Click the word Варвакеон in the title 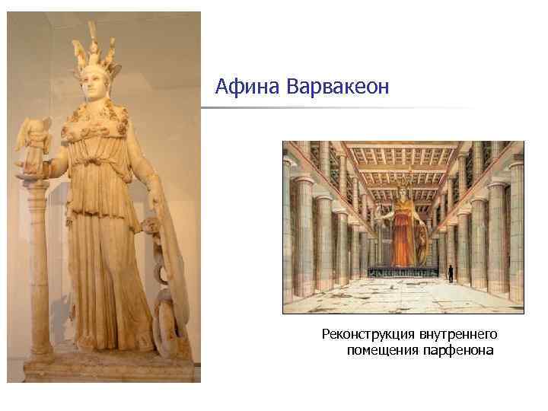pos(338,88)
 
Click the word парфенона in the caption pos(460,350)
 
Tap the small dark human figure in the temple pos(450,272)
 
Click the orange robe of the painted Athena pos(403,236)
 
